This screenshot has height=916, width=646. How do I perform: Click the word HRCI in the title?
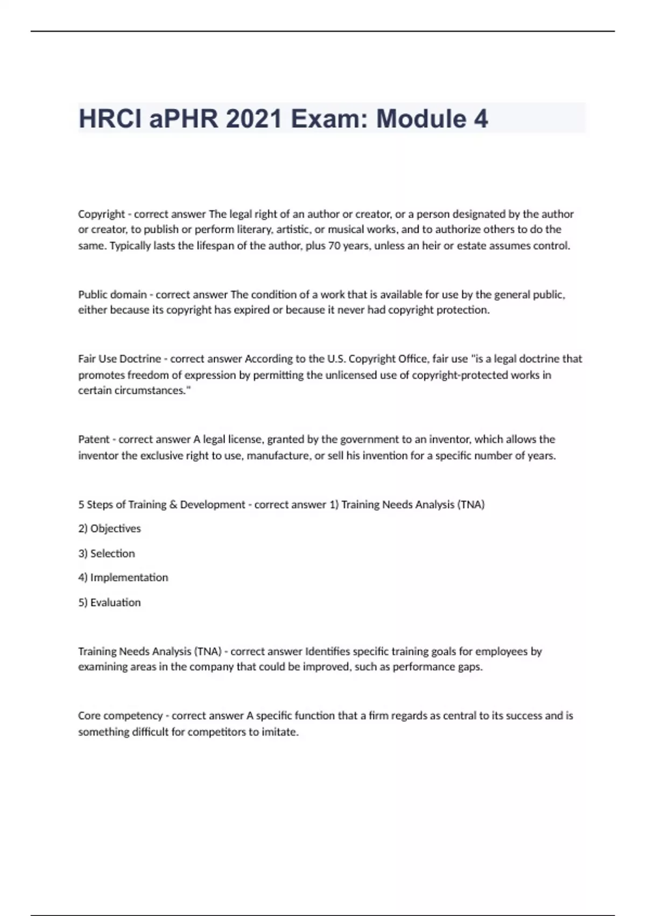point(110,119)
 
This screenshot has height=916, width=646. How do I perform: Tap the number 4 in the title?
point(481,119)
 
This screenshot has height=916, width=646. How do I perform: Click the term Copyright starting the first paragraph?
point(101,214)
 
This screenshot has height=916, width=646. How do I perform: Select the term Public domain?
point(112,295)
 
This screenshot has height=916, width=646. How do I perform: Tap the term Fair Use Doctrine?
point(119,359)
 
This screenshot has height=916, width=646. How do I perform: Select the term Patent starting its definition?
point(94,439)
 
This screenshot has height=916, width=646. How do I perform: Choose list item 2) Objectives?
point(109,529)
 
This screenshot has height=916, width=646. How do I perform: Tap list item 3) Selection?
point(107,553)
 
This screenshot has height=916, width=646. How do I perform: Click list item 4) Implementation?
point(123,578)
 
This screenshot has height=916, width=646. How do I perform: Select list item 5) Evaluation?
point(109,602)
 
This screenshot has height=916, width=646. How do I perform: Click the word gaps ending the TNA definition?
point(471,667)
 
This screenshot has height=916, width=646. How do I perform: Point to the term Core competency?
point(120,716)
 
